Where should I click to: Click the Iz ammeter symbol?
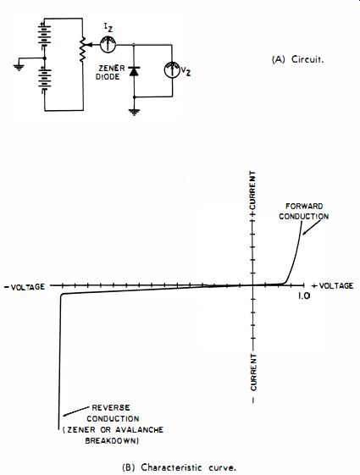pos(108,45)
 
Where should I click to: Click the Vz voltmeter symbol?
pos(172,70)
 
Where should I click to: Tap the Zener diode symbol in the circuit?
pos(134,71)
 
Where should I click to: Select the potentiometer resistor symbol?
pos(82,49)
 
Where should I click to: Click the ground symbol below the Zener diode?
pos(134,113)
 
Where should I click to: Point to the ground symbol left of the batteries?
pos(19,67)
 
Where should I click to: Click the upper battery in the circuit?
pos(45,35)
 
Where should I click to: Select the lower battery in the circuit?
pos(45,79)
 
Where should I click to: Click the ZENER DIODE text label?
pos(108,73)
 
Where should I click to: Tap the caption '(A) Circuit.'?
pos(297,59)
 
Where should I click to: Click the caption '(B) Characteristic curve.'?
pos(179,467)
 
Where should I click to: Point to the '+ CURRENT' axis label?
pos(252,194)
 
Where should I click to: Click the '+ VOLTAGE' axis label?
pos(332,285)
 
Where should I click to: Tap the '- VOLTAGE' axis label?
pos(25,286)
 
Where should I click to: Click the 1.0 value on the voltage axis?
pos(304,295)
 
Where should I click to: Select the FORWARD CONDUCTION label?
pos(304,211)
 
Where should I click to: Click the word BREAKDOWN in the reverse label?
pos(112,440)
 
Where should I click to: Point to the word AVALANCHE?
pos(140,429)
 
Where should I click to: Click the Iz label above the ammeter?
pos(108,28)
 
